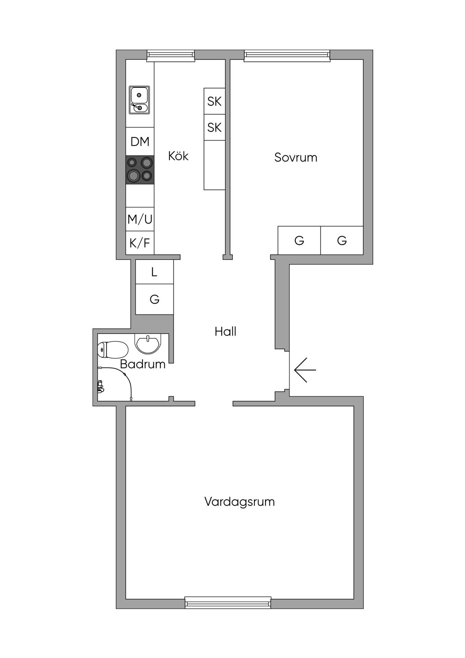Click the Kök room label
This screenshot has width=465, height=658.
pyautogui.click(x=178, y=156)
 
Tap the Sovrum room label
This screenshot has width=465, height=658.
pyautogui.click(x=296, y=157)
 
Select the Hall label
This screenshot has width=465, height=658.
pyautogui.click(x=225, y=331)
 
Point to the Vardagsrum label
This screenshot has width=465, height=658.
pyautogui.click(x=240, y=502)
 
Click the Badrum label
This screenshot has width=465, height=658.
pyautogui.click(x=143, y=364)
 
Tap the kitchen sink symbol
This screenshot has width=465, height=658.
pyautogui.click(x=139, y=100)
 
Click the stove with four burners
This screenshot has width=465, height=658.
pyautogui.click(x=140, y=170)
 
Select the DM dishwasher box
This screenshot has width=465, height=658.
pyautogui.click(x=140, y=142)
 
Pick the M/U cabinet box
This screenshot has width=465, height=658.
pyautogui.click(x=140, y=219)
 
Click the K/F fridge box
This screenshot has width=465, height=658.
pyautogui.click(x=140, y=243)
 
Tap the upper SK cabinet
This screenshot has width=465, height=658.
pyautogui.click(x=215, y=101)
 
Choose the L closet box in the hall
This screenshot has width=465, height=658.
pyautogui.click(x=155, y=272)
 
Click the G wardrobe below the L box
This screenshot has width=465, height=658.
pyautogui.click(x=155, y=299)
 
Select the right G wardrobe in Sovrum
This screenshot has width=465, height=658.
pyautogui.click(x=342, y=240)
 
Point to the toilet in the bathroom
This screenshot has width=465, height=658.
pyautogui.click(x=113, y=350)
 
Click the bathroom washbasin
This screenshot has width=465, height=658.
pyautogui.click(x=147, y=343)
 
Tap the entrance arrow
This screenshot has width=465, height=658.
pyautogui.click(x=305, y=370)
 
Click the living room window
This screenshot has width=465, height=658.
pyautogui.click(x=228, y=602)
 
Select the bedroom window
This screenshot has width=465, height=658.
pyautogui.click(x=287, y=56)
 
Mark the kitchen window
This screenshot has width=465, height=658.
pyautogui.click(x=171, y=56)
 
